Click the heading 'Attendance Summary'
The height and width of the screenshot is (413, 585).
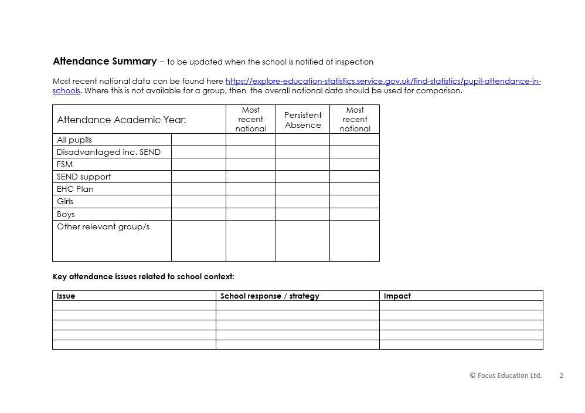click(104, 61)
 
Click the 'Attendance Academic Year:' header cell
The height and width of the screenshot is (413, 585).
click(121, 120)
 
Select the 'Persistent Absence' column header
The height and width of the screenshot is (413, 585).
click(302, 120)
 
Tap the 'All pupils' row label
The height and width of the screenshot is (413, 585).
click(74, 140)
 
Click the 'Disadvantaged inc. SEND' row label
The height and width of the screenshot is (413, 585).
click(108, 152)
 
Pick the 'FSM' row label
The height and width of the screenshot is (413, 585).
click(64, 164)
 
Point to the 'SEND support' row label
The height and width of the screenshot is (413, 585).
click(84, 177)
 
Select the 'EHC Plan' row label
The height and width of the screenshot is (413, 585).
click(75, 189)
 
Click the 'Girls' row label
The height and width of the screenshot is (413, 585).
click(65, 201)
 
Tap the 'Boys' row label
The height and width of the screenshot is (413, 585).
click(66, 214)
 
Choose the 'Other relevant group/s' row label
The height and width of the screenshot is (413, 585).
click(103, 226)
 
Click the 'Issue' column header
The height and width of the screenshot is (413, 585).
click(66, 296)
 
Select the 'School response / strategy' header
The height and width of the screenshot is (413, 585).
click(270, 296)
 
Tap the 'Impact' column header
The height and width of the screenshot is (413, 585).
click(397, 296)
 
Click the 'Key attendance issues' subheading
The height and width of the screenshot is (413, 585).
click(143, 276)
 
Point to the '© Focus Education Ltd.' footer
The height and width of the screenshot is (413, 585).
click(505, 375)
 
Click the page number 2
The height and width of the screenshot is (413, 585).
click(561, 375)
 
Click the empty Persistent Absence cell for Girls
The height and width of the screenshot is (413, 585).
click(302, 201)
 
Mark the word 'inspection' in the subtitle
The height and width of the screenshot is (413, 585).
click(354, 62)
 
